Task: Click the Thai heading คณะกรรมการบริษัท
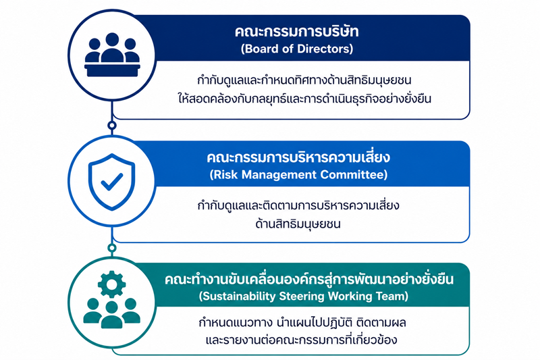pyautogui.click(x=296, y=32)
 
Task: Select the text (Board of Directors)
pyautogui.click(x=297, y=49)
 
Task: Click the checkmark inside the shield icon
pyautogui.click(x=112, y=182)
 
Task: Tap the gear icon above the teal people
pyautogui.click(x=111, y=284)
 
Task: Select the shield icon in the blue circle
pyautogui.click(x=112, y=182)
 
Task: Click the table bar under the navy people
pyautogui.click(x=112, y=70)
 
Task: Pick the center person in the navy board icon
pyautogui.click(x=112, y=47)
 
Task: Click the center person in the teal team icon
pyautogui.click(x=111, y=315)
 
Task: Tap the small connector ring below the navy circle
pyautogui.click(x=111, y=126)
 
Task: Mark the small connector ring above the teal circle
pyautogui.click(x=111, y=248)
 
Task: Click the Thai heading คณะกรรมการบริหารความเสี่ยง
pyautogui.click(x=298, y=157)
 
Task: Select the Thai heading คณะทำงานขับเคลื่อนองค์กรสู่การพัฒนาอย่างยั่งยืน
pyautogui.click(x=309, y=279)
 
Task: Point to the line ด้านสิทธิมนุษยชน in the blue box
pyautogui.click(x=298, y=224)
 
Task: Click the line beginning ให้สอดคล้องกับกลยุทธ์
pyautogui.click(x=304, y=99)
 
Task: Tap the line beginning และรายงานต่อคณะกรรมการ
pyautogui.click(x=301, y=340)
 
